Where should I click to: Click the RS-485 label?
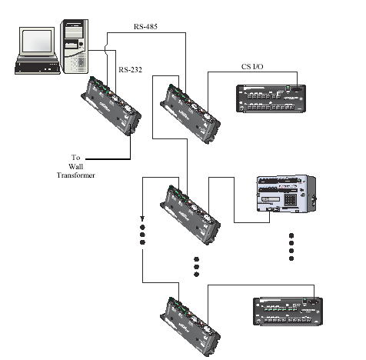coord(145,27)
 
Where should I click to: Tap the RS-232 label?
coord(130,70)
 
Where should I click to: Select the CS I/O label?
coord(252,67)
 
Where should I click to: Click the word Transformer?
coord(76,175)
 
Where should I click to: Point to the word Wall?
coord(76,167)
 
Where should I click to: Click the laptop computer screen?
coord(37,41)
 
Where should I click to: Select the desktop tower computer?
coord(75,47)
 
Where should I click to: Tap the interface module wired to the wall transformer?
coord(111,105)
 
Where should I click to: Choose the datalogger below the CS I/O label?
coord(271,98)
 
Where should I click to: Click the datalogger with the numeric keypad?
coord(286,194)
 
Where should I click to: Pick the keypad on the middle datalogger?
coord(291,199)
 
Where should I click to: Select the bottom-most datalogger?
coord(288,312)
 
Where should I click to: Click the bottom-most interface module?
coord(191,327)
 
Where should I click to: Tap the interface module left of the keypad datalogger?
coord(191,215)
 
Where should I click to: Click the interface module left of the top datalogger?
coord(191,114)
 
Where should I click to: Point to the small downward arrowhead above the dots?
coord(142,218)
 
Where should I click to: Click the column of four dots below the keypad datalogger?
coord(291,247)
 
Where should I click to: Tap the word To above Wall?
coord(76,158)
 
